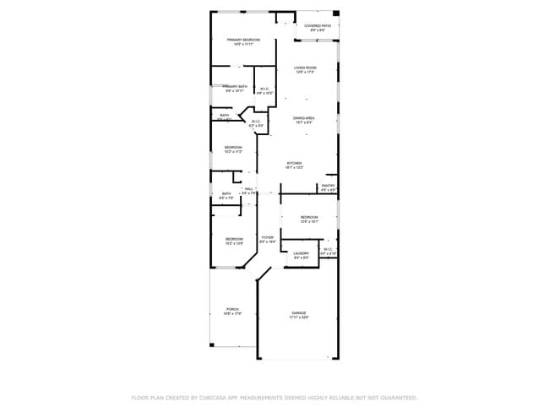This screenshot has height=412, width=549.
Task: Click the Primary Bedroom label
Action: [243, 40]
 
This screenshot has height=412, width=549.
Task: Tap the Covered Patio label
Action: [318, 26]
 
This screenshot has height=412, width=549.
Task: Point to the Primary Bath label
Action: [235, 86]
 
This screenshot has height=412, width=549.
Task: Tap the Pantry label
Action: [329, 186]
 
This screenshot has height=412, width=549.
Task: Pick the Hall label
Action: [249, 189]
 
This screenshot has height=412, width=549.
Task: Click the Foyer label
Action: [268, 237]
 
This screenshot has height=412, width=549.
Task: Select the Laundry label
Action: [301, 252]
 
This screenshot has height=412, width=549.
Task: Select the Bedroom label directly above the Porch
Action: [234, 239]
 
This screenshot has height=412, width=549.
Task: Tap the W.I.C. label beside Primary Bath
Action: [264, 89]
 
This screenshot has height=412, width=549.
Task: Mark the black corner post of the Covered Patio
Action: [335, 14]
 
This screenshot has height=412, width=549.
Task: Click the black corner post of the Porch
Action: [211, 344]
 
